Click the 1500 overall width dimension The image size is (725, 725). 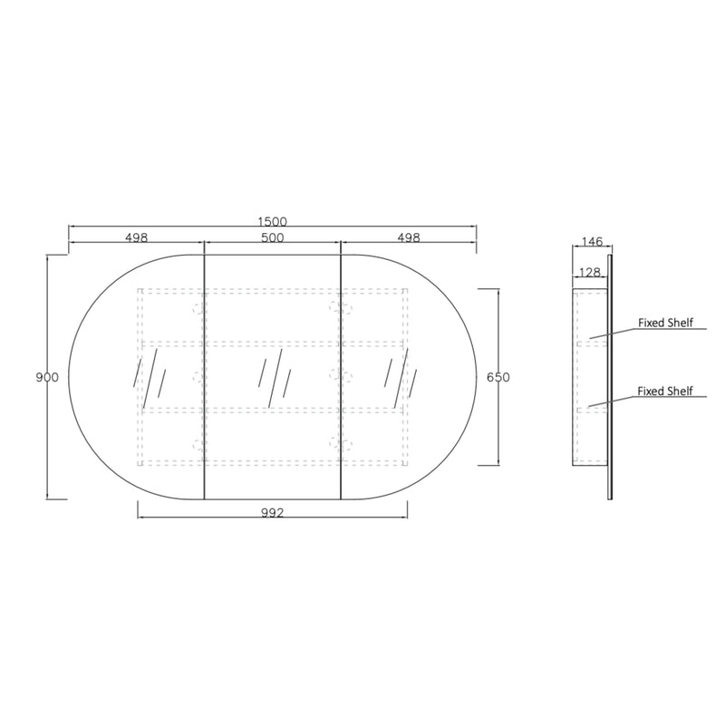coord(273,221)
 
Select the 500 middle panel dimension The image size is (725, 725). coord(273,237)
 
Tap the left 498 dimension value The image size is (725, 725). coord(137,237)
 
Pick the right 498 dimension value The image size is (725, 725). coord(409,237)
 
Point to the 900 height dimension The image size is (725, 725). coord(47,377)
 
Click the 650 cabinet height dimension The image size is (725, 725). coord(498,377)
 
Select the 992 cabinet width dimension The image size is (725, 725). coord(273,513)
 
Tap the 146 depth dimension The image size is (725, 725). coord(593,241)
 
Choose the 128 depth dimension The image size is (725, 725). coord(590,273)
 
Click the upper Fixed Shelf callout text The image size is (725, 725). coord(665,323)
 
